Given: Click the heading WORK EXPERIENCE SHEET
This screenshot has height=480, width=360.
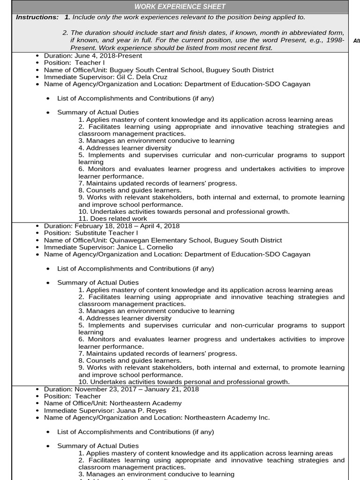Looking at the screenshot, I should tap(180, 7).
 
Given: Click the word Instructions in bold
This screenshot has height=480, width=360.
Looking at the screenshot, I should tap(37, 17).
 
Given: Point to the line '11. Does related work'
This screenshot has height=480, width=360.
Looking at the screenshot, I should tap(112, 218).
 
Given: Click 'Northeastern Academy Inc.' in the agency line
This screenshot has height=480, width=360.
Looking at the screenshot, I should tap(227, 417).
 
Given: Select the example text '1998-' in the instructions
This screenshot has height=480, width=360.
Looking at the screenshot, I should tap(335, 40).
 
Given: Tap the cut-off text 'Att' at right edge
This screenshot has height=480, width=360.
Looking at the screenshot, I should tap(356, 41).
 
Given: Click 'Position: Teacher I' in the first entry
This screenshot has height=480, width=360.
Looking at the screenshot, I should tap(74, 63).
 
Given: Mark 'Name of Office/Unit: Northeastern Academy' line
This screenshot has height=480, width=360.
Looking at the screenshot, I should tap(112, 403).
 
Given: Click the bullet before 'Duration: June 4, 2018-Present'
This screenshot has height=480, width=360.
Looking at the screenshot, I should tap(37, 56).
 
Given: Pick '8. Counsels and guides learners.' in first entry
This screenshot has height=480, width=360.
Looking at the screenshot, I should tap(130, 190).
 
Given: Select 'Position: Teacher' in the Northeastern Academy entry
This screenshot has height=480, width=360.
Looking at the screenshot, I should tap(72, 396).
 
